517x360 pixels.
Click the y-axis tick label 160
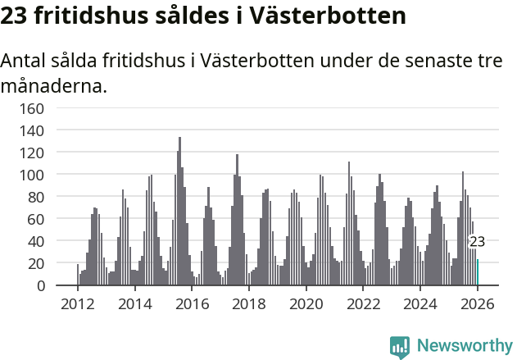tap(31, 108)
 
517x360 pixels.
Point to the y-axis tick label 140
tap(31, 130)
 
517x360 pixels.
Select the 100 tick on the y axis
tap(31, 175)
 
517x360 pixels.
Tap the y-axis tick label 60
tap(35, 219)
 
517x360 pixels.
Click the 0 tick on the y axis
tap(39, 285)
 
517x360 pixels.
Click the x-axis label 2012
tap(78, 304)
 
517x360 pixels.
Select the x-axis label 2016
tap(192, 304)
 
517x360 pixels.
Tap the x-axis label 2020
tap(306, 304)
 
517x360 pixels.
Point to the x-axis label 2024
tap(420, 304)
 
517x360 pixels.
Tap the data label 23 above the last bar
tap(477, 242)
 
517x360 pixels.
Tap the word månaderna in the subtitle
tap(53, 85)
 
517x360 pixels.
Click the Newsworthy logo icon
tap(400, 347)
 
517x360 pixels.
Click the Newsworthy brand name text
tap(464, 347)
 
